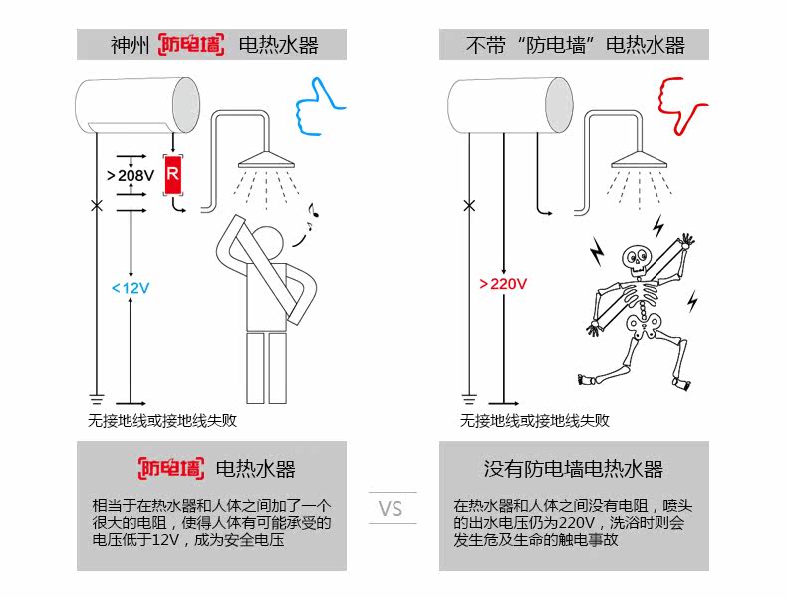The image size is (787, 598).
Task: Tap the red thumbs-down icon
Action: (682, 107)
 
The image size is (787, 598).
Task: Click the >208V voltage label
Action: (131, 176)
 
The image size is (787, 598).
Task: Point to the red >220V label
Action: (503, 284)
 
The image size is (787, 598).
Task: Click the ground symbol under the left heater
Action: (96, 398)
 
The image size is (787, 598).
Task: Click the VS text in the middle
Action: (391, 508)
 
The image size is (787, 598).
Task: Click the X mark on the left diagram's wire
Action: (96, 206)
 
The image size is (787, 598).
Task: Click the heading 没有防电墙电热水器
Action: (574, 469)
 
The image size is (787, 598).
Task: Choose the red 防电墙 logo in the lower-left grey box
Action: (171, 468)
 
